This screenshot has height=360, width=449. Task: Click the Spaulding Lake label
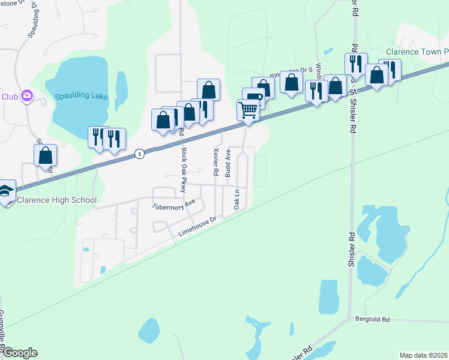coord(80,95)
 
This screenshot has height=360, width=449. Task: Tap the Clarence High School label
coord(57,200)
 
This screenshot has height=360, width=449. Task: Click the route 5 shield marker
coord(139,154)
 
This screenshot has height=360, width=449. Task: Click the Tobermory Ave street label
coord(174,205)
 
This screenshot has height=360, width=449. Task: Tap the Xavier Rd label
coord(214,158)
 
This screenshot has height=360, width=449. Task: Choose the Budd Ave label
coord(228,163)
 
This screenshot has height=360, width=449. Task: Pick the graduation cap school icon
coord(6,191)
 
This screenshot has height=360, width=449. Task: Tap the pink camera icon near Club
coord(26,95)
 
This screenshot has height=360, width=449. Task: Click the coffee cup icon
coord(254,98)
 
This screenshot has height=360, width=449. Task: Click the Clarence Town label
coord(417,52)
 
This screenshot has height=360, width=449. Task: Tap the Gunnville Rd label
coord(2,333)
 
